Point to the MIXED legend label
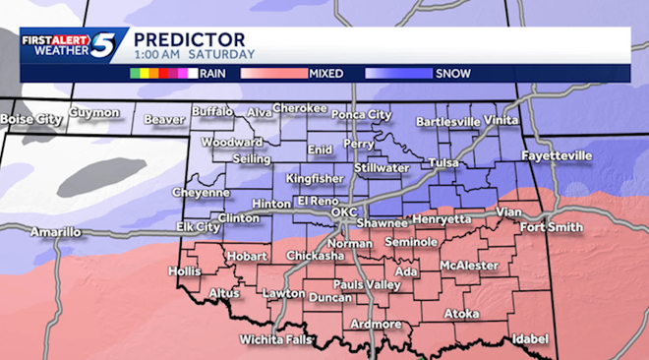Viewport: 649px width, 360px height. [x=325, y=72]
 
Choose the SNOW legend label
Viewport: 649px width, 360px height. [x=451, y=72]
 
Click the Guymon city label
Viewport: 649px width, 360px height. [x=94, y=113]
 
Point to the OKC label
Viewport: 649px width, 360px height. [x=344, y=211]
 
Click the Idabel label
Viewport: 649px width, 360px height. [x=529, y=338]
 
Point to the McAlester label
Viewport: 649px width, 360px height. [x=468, y=266]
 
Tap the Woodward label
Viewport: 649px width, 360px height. [x=232, y=142]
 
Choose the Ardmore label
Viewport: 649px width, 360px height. [x=376, y=324]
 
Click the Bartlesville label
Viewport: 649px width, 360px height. [x=448, y=122]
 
